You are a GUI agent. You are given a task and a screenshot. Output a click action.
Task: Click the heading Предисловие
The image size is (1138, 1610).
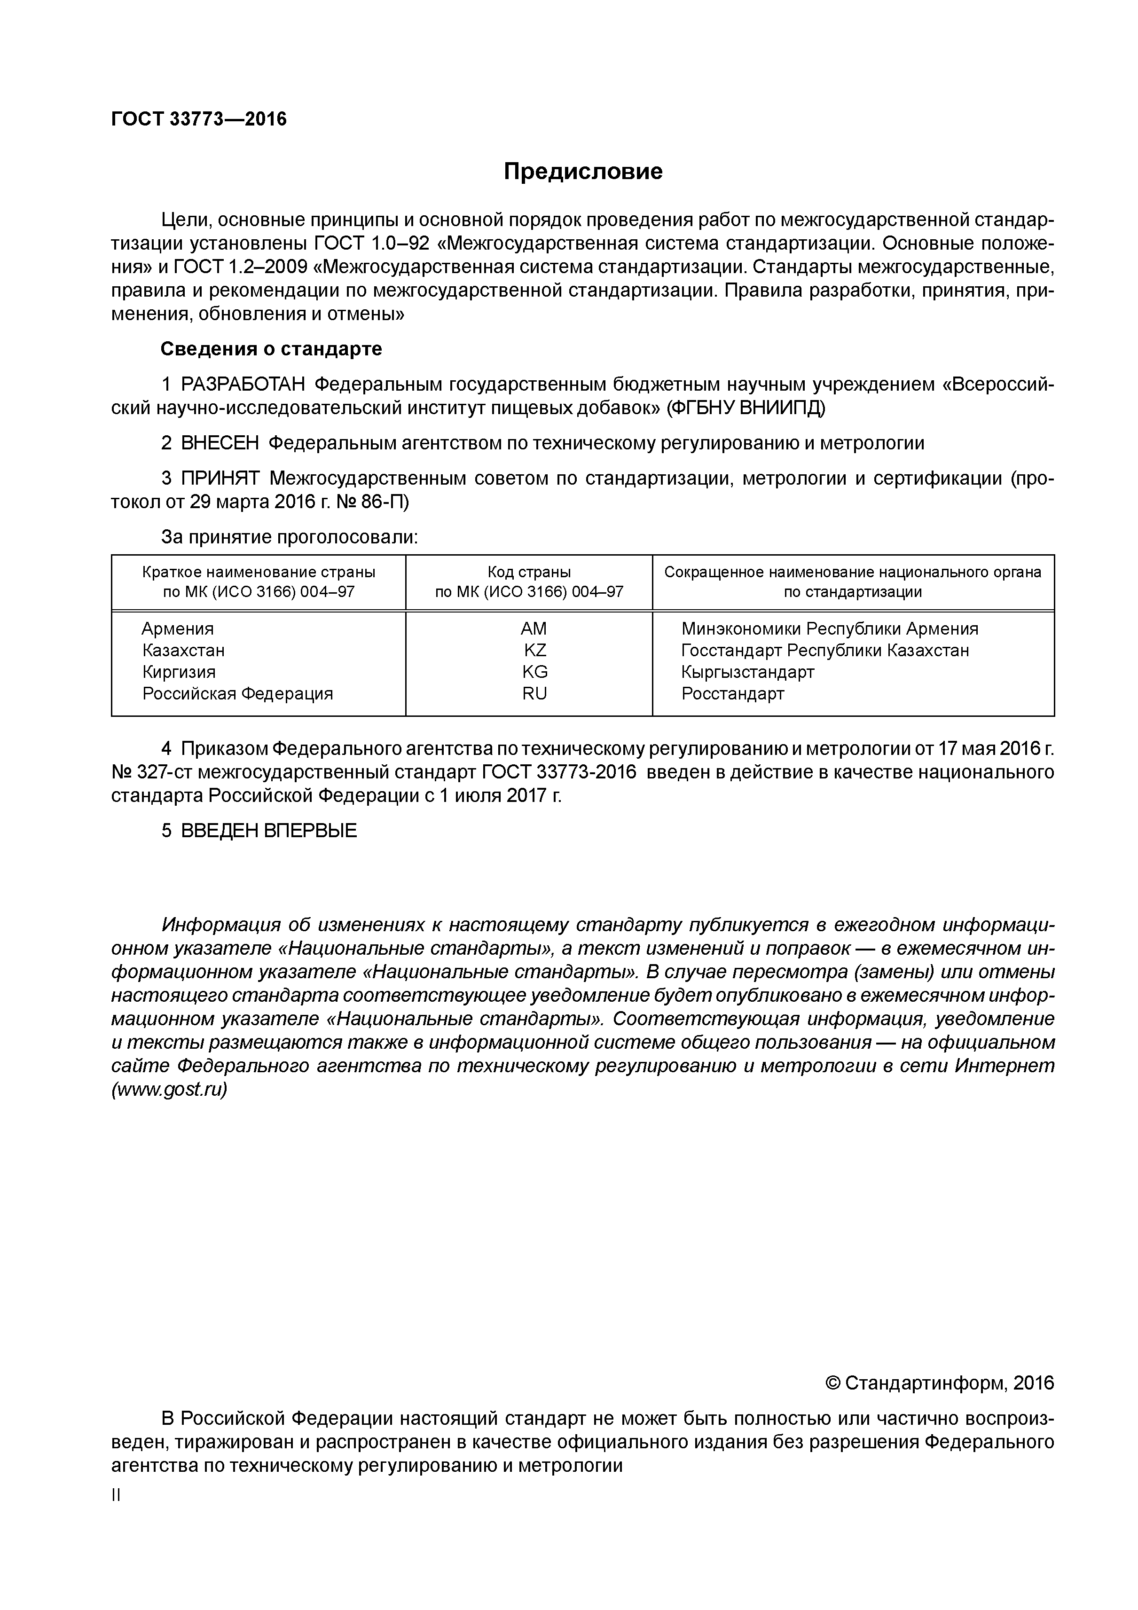click(x=583, y=171)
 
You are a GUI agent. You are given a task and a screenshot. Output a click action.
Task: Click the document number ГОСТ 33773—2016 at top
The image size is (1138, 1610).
click(x=199, y=119)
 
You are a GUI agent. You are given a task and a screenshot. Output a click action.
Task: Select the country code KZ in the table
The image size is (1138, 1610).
click(x=534, y=650)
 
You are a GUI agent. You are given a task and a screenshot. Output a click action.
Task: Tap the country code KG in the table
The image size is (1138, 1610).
click(x=534, y=672)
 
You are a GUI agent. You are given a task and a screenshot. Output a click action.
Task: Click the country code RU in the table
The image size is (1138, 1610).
click(x=534, y=693)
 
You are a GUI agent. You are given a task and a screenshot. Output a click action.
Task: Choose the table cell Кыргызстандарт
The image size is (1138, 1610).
click(x=747, y=672)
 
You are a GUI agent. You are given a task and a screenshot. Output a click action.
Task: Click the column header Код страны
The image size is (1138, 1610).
click(x=529, y=572)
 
